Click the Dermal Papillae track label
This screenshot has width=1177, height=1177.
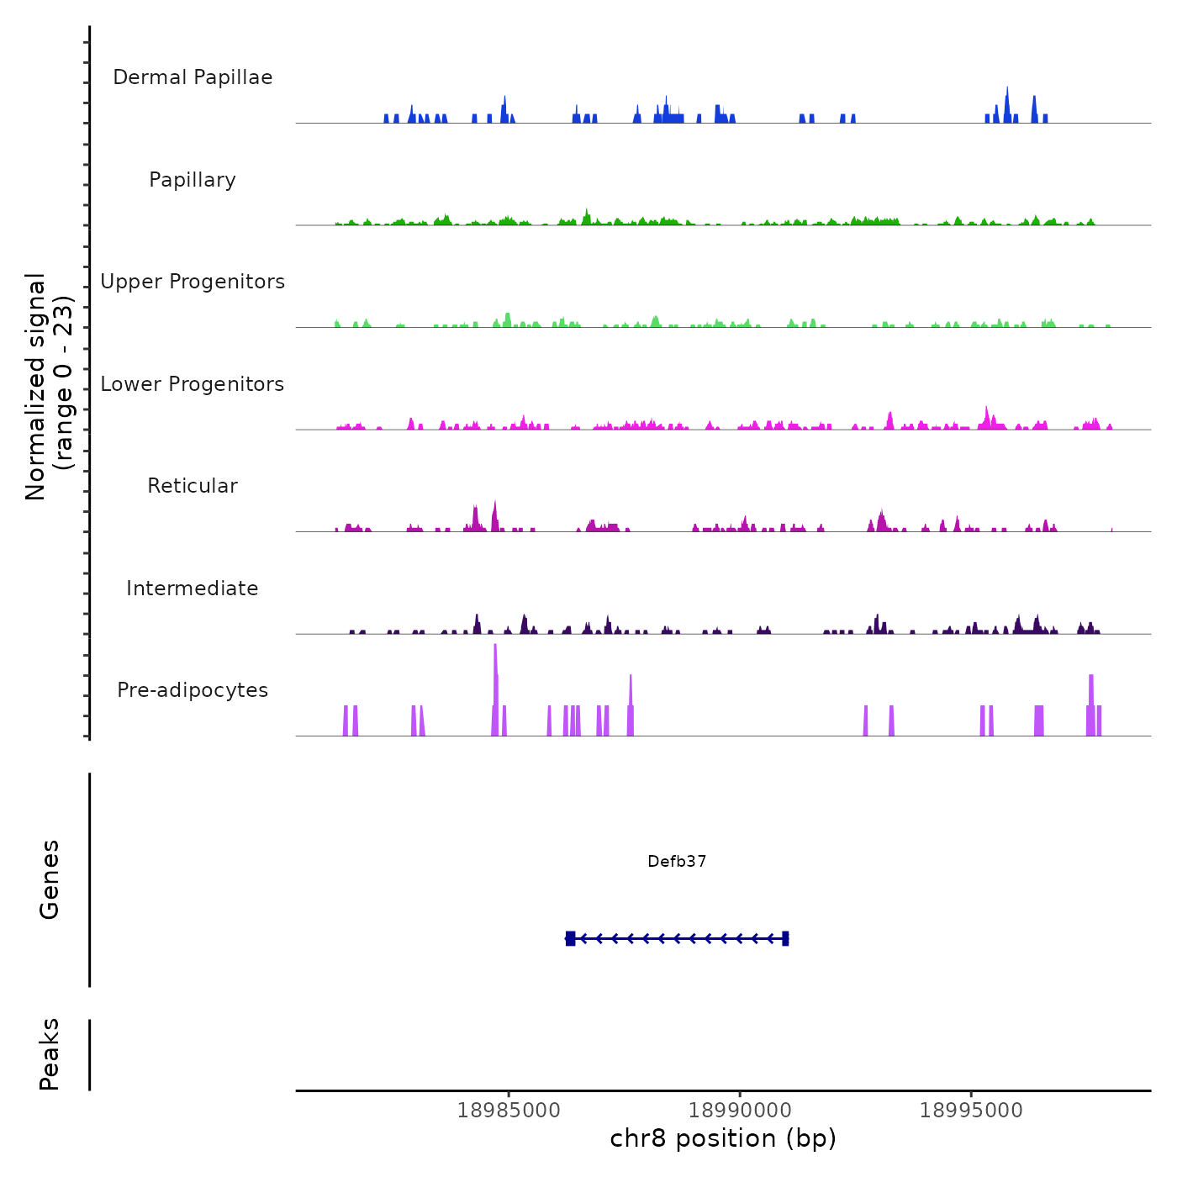[x=193, y=77]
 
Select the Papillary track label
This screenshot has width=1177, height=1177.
[x=193, y=180]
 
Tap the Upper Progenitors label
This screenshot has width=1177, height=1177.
[x=193, y=282]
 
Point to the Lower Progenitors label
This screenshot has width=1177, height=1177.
[x=193, y=384]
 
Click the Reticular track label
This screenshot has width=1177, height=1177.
[x=193, y=486]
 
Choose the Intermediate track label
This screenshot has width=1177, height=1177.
[x=193, y=588]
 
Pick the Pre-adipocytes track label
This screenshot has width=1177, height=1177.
[x=193, y=690]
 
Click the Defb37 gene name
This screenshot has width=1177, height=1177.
[x=677, y=861]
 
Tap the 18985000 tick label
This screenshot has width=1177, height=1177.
[x=509, y=1111]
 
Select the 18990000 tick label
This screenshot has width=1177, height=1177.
[x=740, y=1111]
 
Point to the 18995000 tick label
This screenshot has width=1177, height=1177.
[x=971, y=1111]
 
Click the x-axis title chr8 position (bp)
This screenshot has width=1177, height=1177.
[x=723, y=1138]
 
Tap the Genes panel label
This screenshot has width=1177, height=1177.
[x=49, y=879]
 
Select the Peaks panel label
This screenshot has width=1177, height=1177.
[x=49, y=1054]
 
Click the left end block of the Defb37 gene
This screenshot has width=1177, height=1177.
[x=570, y=938]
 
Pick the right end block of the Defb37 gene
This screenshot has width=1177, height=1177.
[x=785, y=938]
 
